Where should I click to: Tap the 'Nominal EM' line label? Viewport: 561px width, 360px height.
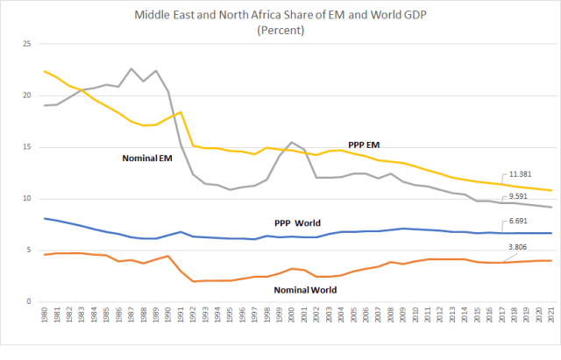click(146, 159)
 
